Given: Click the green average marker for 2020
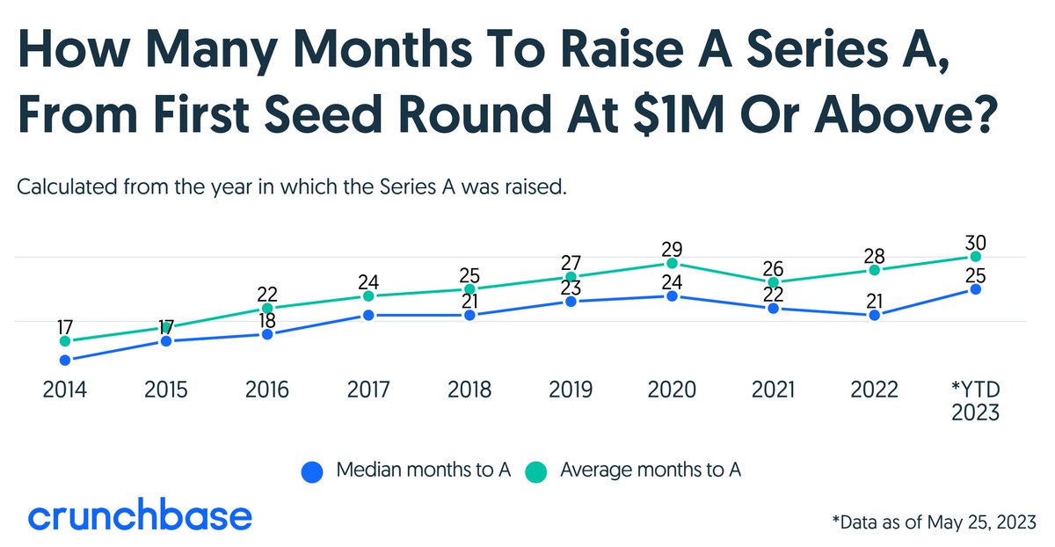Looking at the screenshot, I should (x=673, y=263).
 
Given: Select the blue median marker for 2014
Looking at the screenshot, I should (x=64, y=360).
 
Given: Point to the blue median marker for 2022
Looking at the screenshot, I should (x=875, y=315).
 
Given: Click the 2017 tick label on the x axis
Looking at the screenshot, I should (x=368, y=390).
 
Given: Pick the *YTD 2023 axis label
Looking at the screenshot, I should (x=976, y=400).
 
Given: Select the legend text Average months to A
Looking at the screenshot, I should (x=651, y=470).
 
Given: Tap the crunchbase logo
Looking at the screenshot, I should (x=140, y=516).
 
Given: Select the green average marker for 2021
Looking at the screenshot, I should (x=774, y=282).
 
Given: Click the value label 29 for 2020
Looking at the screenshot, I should (x=673, y=247).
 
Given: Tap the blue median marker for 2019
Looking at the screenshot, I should (x=571, y=302).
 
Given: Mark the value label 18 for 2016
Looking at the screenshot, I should (x=267, y=318).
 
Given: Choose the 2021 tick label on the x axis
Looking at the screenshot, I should (x=774, y=390).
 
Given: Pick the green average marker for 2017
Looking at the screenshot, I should (x=368, y=296).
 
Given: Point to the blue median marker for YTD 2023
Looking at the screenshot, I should (x=976, y=288).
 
